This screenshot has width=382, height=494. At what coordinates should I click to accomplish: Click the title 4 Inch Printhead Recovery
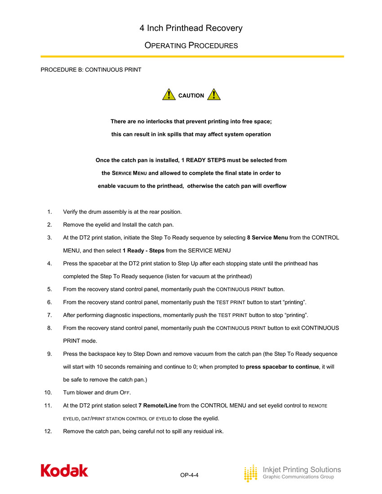pos(191,28)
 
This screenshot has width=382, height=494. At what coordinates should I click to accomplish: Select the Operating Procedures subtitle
pos(191,45)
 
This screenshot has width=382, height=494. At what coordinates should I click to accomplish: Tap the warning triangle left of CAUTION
pos(169,95)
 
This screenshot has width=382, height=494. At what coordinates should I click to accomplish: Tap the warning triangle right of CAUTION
pos(214,95)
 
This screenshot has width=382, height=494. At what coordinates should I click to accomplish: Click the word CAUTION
pos(191,96)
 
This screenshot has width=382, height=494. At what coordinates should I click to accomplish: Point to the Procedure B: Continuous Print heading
pos(91,70)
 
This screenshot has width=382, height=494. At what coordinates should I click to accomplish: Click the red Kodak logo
pos(64,471)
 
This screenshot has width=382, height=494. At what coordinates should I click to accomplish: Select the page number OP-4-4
pos(189,475)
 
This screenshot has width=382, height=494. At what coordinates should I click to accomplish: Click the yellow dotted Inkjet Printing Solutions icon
pos(250,473)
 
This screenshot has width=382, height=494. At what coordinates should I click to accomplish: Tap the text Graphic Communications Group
pos(298,477)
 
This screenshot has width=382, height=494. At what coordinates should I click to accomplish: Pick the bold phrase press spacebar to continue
pos(282,366)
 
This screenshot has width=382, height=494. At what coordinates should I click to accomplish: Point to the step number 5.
pos(49,289)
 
